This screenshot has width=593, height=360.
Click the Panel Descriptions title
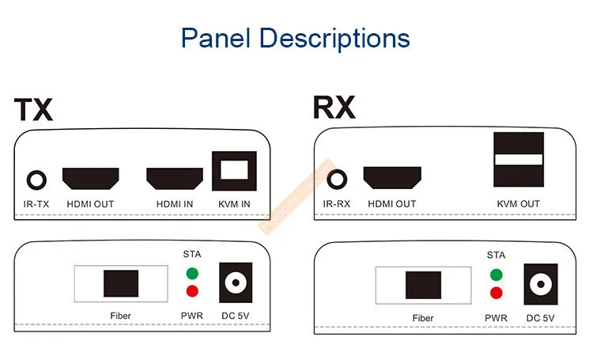coord(296,37)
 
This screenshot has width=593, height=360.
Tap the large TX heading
coord(33,109)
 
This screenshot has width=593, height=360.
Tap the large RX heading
coord(334,107)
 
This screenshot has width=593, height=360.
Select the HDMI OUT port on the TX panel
coord(90,178)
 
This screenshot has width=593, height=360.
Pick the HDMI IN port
coord(174,178)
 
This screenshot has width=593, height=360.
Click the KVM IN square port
coord(234,171)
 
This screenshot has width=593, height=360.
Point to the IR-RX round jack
coord(338,179)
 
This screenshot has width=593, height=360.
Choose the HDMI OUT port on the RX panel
coord(391,178)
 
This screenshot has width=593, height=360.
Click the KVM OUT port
coord(519,159)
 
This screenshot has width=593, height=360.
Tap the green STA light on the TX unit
coord(191,274)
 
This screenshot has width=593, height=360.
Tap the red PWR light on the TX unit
coord(191,291)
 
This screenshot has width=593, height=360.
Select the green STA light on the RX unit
coord(496,275)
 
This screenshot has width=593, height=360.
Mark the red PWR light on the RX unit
coord(496,294)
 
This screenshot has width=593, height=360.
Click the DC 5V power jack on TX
coord(234,282)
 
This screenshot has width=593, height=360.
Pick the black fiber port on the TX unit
coord(121,283)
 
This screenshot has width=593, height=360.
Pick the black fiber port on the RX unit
coord(423,285)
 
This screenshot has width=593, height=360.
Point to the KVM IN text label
coord(234,204)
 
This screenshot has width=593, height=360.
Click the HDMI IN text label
coord(174,204)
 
